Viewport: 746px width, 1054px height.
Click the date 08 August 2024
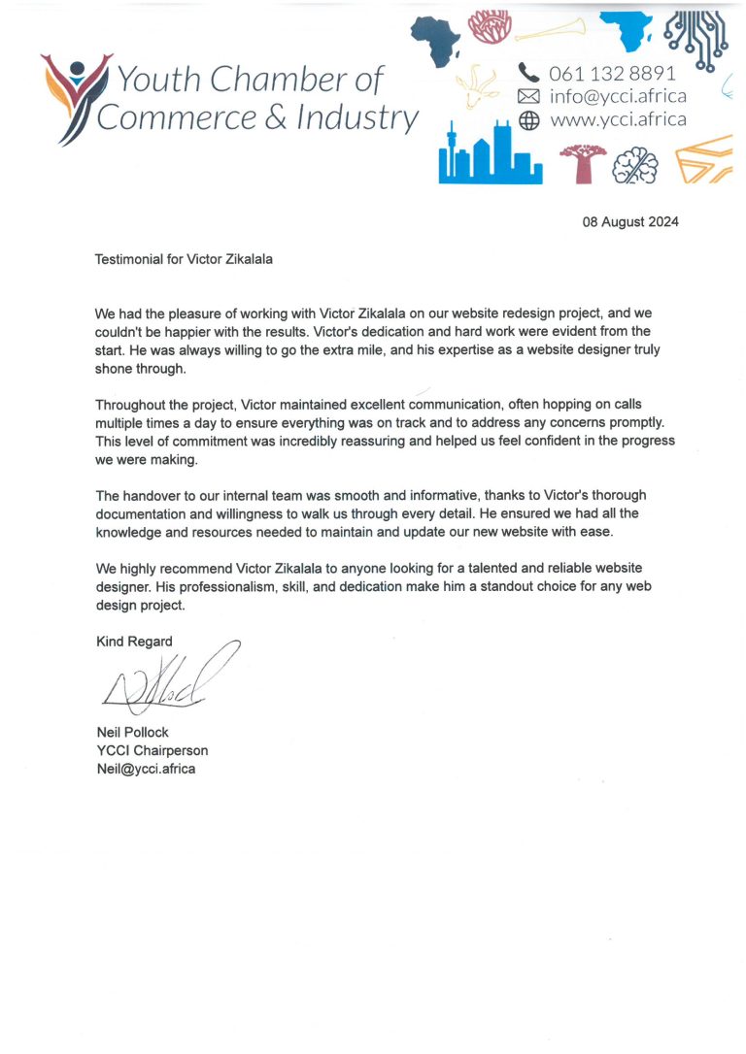click(x=629, y=221)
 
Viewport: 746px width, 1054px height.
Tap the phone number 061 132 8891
click(x=612, y=73)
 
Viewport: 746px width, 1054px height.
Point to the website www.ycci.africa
click(x=618, y=120)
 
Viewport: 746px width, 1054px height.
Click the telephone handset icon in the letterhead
click(x=528, y=72)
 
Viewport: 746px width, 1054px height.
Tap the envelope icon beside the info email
click(x=528, y=96)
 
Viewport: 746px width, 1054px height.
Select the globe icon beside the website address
click(x=528, y=120)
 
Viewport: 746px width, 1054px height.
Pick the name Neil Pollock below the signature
click(x=132, y=732)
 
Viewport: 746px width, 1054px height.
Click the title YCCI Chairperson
click(x=152, y=750)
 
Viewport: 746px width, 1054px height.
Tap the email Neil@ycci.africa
click(x=146, y=769)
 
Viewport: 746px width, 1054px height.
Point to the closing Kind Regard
click(x=134, y=641)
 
